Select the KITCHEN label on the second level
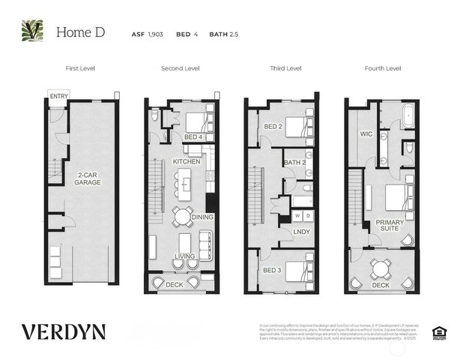coord(185,161)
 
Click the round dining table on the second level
coord(182,217)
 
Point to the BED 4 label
coord(193,136)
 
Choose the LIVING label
coord(184,256)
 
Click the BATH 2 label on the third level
coord(294,162)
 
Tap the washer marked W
coord(297,216)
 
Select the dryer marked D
coord(307,216)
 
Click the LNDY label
coord(301,232)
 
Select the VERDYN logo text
coord(63,331)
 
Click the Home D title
coord(79,32)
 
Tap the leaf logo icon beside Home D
coord(32,31)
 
